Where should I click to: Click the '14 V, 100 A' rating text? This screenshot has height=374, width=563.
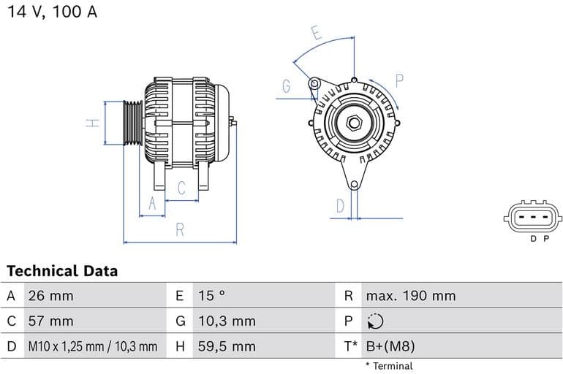click(52, 12)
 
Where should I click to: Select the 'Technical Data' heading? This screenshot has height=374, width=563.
click(62, 271)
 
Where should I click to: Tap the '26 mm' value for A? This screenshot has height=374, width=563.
click(50, 296)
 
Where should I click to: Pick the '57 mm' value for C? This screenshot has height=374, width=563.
click(50, 321)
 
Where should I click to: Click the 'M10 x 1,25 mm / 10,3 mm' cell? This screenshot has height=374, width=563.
click(92, 346)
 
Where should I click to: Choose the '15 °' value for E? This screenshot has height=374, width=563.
click(212, 296)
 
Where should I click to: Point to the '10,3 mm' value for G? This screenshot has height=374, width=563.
click(227, 321)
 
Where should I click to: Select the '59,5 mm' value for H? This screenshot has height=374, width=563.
click(227, 346)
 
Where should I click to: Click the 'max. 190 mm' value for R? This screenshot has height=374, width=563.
click(410, 296)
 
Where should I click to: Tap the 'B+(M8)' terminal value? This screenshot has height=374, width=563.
click(390, 346)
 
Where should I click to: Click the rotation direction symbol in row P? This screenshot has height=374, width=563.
click(375, 321)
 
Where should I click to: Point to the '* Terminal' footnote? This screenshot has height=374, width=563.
click(388, 365)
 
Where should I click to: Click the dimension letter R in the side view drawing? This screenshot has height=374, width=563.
click(180, 229)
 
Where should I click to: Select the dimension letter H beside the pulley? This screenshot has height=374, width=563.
click(92, 123)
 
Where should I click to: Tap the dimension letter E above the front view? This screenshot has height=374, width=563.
click(317, 34)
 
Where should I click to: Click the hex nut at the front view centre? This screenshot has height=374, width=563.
click(354, 123)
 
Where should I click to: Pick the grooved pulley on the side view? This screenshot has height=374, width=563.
click(132, 123)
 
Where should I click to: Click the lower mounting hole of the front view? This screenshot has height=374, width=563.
click(354, 186)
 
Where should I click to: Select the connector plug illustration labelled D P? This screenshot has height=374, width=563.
click(533, 215)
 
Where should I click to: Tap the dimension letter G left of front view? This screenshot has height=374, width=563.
click(287, 86)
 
